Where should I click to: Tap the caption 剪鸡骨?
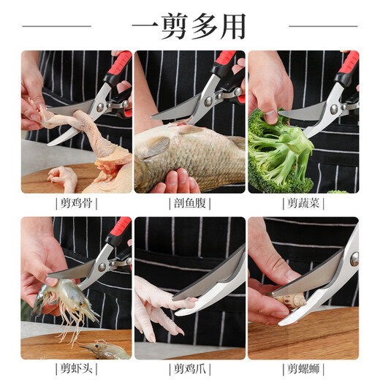point(76,203)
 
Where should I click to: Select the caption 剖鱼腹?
point(189,203)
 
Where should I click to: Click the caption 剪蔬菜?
point(303,203)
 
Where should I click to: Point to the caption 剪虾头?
point(76,368)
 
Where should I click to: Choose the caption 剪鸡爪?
point(189,368)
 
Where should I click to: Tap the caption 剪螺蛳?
point(303,368)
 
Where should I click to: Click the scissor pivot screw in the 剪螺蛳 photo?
point(354,259)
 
